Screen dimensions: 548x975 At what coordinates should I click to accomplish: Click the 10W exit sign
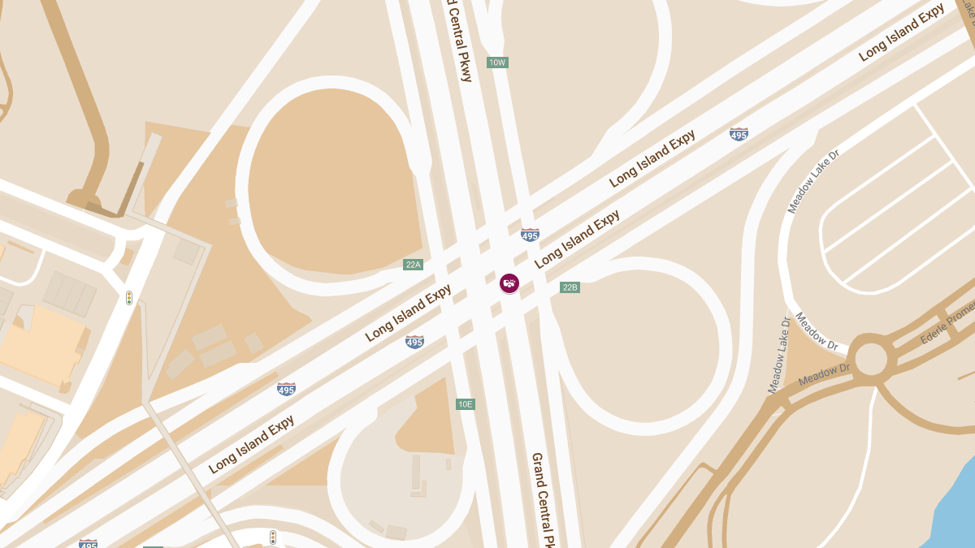(x=497, y=63)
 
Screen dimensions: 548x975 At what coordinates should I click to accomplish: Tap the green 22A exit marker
(x=413, y=265)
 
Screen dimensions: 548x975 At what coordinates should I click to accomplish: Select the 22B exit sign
(x=570, y=287)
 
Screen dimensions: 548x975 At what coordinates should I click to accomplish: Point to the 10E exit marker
(x=465, y=404)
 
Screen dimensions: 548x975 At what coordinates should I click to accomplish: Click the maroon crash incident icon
(x=509, y=283)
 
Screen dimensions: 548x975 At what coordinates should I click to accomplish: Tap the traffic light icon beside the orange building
(x=129, y=298)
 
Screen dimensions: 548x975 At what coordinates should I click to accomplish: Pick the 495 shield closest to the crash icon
(x=530, y=235)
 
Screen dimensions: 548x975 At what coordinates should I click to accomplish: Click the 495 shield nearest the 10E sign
(x=414, y=342)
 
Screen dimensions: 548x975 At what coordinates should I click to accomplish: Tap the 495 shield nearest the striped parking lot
(x=739, y=134)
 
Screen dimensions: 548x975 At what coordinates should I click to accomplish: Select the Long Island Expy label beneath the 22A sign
(x=408, y=313)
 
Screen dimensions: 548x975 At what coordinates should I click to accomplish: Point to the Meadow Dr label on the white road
(x=817, y=332)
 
